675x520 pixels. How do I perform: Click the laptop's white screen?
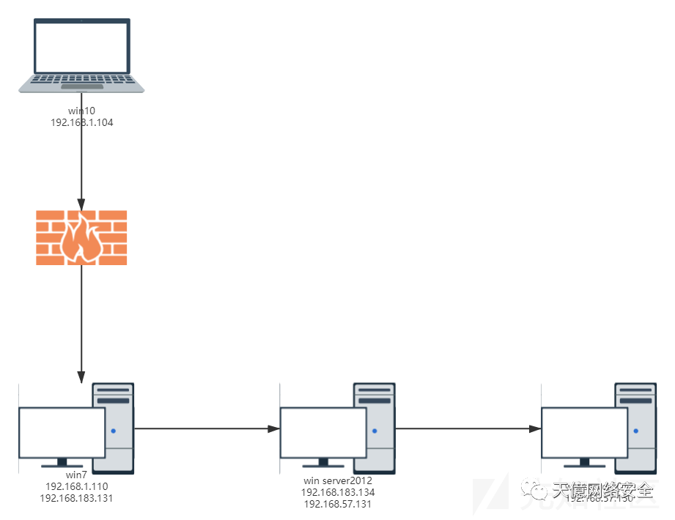click(x=81, y=47)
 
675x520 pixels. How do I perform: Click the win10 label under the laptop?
click(x=81, y=111)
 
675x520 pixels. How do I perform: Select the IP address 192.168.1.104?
click(x=81, y=123)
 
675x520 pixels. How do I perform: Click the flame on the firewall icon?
click(x=81, y=237)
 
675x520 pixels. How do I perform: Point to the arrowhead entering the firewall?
click(x=81, y=204)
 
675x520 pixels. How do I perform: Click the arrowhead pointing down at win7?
click(x=81, y=377)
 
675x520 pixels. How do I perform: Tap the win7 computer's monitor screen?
click(x=62, y=432)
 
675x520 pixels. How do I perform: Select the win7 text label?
click(x=76, y=475)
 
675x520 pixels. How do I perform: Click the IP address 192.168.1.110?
click(x=76, y=486)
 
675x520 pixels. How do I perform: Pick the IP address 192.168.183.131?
click(x=76, y=497)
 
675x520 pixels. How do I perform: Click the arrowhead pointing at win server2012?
click(x=273, y=431)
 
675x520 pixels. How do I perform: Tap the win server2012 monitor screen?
click(x=323, y=432)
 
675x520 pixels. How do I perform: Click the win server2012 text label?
click(x=338, y=481)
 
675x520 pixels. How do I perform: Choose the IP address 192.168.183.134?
click(x=338, y=492)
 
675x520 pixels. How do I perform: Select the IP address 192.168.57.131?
click(x=338, y=504)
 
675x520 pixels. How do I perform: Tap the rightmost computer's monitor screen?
click(x=585, y=432)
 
